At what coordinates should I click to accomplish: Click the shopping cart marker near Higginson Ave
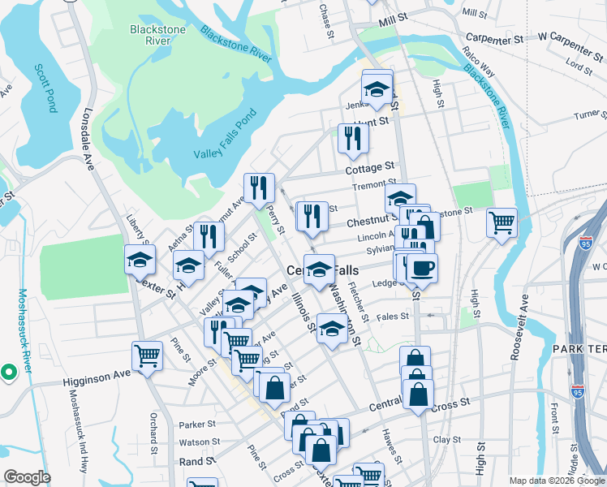click(x=147, y=356)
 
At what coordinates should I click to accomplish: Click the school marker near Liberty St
click(x=140, y=260)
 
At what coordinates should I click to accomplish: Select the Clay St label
click(x=447, y=439)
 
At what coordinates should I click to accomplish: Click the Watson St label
click(x=195, y=442)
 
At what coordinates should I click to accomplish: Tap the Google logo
click(x=27, y=477)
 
